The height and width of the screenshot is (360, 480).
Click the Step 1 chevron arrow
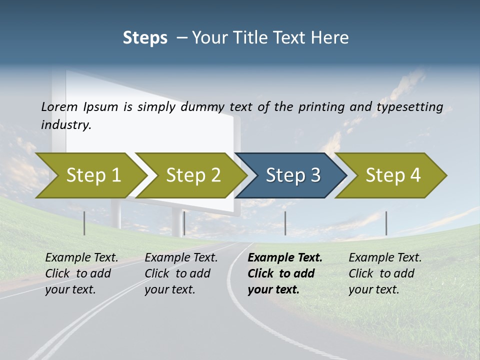[90, 175]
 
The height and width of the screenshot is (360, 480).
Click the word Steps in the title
[145, 38]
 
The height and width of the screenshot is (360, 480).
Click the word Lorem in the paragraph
[59, 106]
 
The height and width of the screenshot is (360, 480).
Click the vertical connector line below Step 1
[84, 223]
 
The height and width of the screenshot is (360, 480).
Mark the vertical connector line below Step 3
[285, 223]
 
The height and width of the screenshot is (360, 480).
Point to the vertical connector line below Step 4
[386, 223]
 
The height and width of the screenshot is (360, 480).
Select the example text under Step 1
[81, 273]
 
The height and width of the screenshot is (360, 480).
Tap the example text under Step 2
[180, 273]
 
